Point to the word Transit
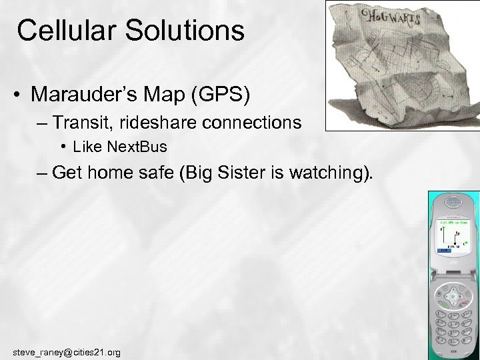point(83,123)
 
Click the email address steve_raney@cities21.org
point(67,351)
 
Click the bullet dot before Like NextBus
point(62,146)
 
